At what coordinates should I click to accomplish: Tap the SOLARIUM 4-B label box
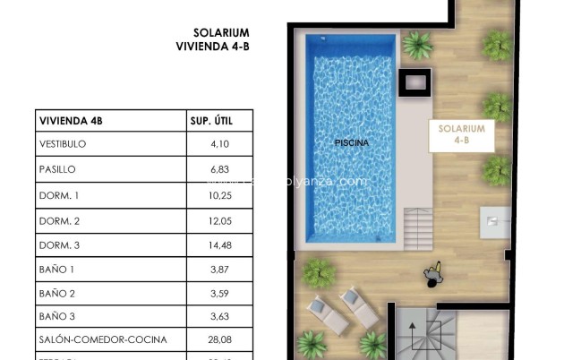coord(462,134)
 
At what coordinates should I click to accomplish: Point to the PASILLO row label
coord(57,169)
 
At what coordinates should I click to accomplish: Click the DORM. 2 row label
coord(60,219)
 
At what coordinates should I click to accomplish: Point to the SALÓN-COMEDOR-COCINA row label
coord(103,340)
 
